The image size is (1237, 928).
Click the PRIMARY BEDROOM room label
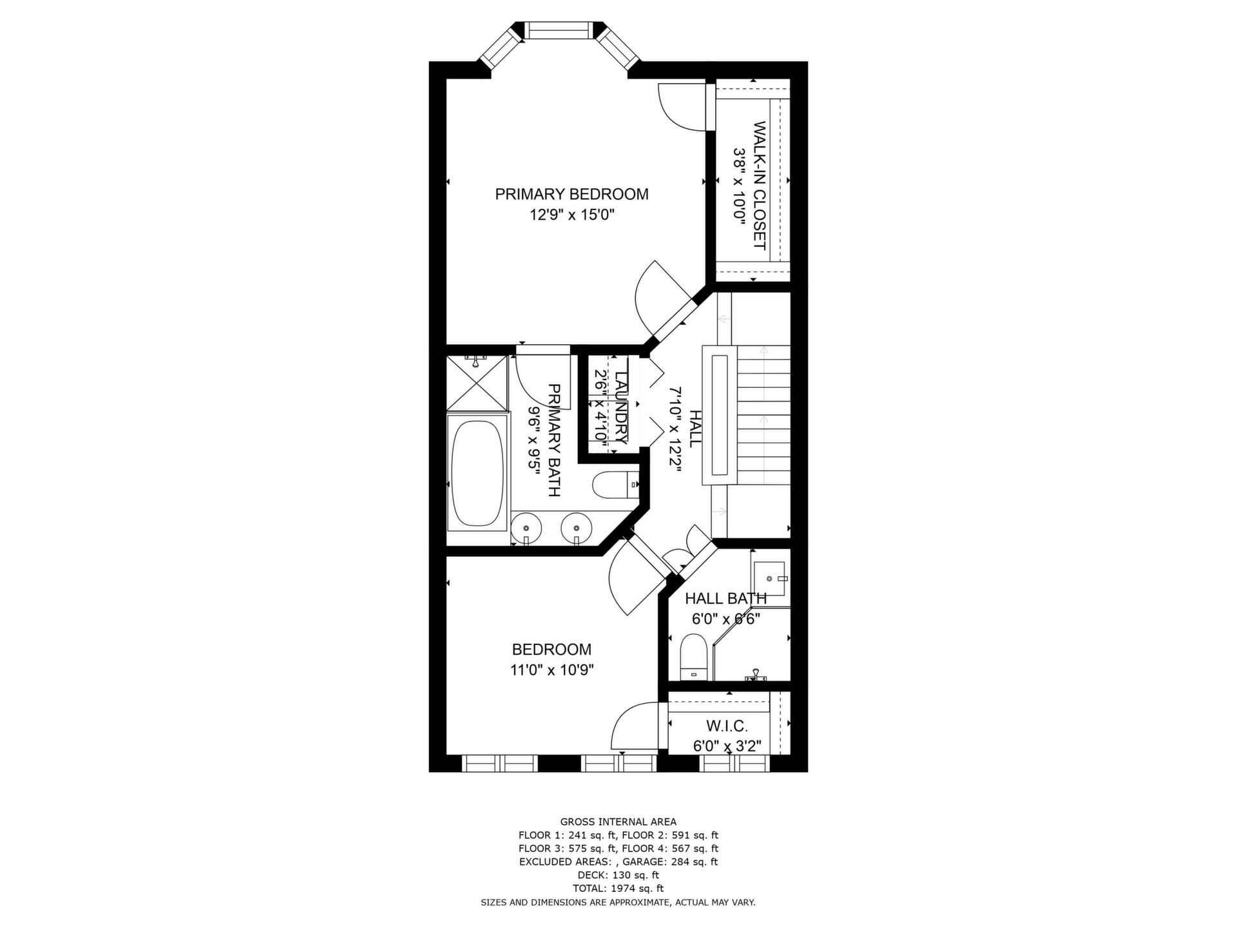(571, 194)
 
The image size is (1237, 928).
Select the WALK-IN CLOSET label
(759, 186)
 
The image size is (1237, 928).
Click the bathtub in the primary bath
(477, 474)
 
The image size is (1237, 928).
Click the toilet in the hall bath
(695, 657)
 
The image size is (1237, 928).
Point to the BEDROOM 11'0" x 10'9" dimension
(551, 670)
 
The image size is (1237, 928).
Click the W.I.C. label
(727, 726)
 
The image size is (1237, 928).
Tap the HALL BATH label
(725, 599)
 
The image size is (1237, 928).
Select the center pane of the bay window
(558, 31)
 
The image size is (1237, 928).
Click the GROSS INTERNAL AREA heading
(618, 822)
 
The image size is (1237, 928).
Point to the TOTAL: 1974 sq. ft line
(618, 889)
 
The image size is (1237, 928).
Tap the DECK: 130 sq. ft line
(618, 875)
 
